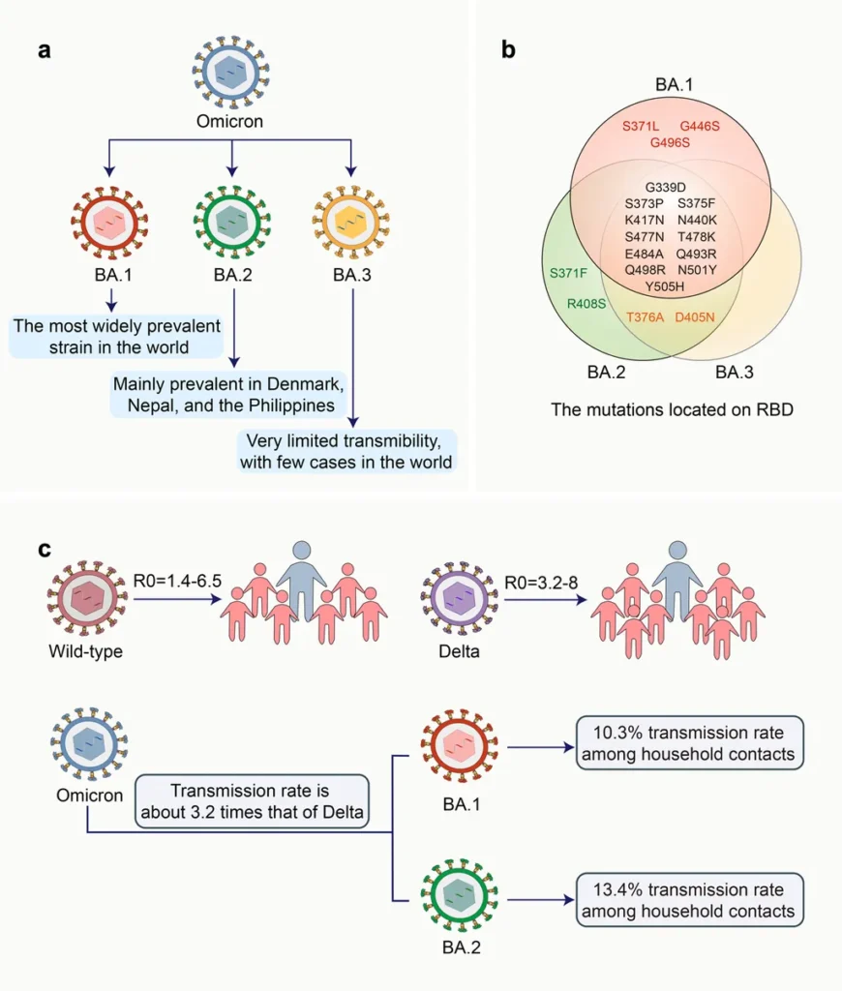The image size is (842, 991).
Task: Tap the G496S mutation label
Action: (670, 142)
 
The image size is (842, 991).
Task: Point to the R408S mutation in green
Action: (586, 304)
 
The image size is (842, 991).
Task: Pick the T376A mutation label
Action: (646, 316)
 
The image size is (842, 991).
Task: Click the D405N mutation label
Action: (696, 316)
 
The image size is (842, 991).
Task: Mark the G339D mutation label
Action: (665, 187)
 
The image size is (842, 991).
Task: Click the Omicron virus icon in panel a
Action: (230, 73)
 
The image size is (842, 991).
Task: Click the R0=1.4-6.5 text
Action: (175, 582)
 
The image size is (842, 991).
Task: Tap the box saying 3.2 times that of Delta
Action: (253, 800)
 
